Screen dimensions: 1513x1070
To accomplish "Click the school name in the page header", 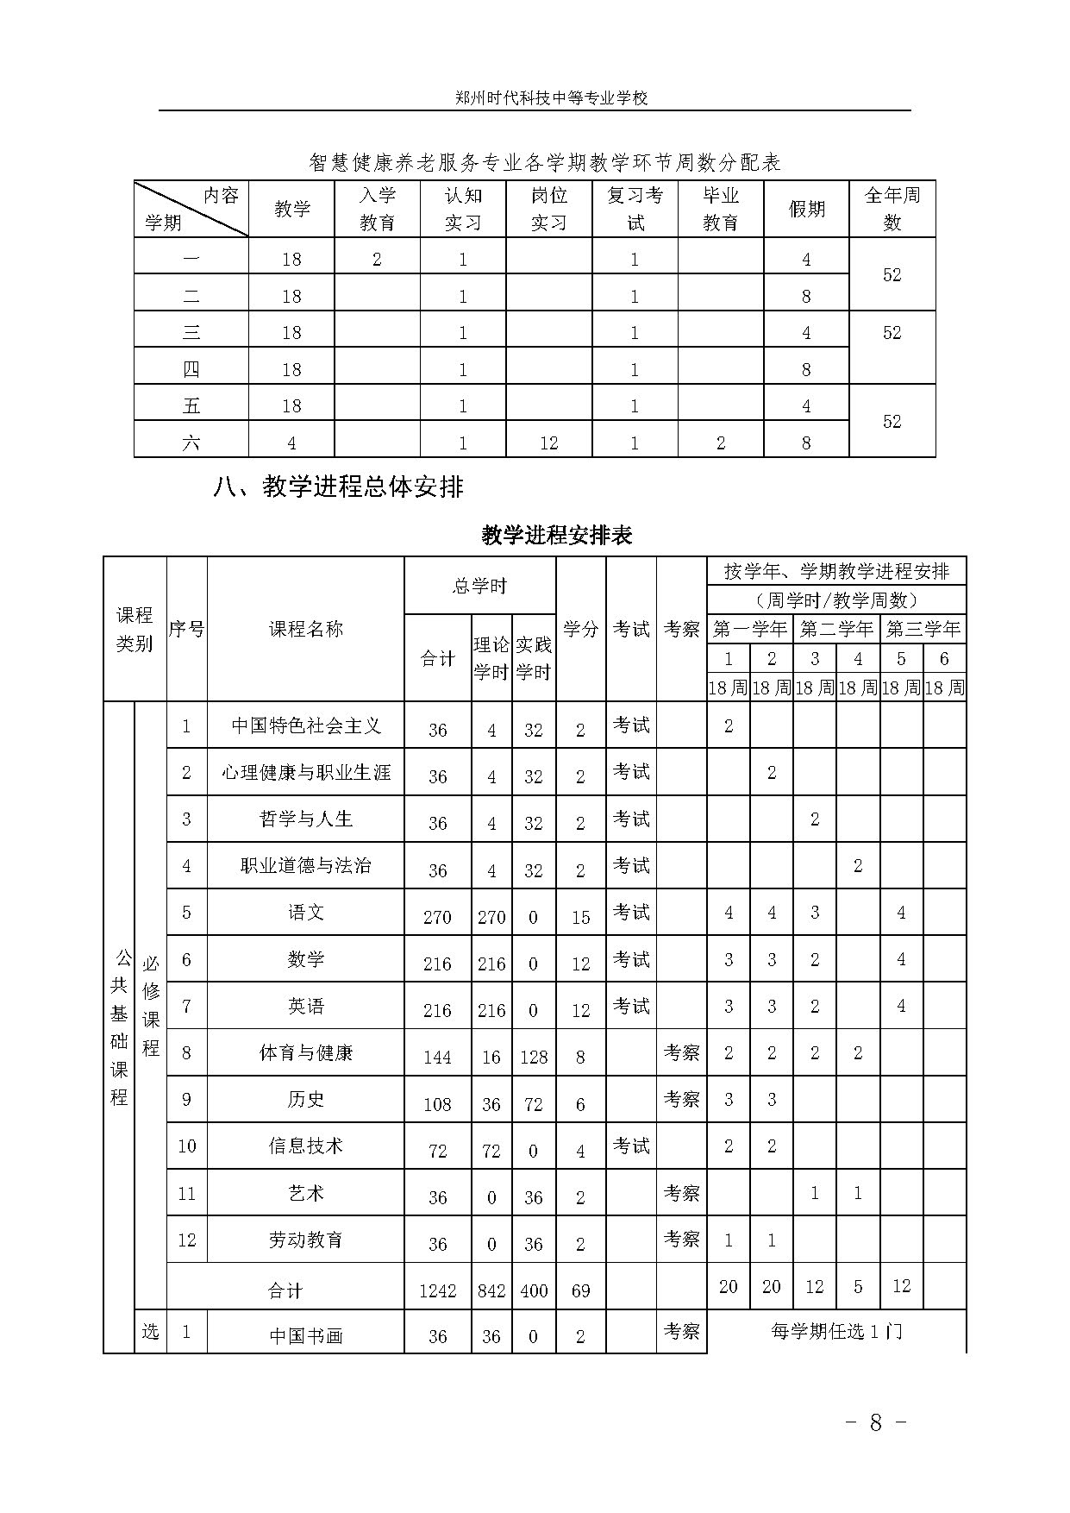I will coord(551,97).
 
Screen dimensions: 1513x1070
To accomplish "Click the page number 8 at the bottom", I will coord(875,1422).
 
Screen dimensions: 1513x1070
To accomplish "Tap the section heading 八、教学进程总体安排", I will coord(338,487).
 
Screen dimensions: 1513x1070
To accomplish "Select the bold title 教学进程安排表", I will coord(557,536).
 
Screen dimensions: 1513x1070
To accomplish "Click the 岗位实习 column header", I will coord(548,209).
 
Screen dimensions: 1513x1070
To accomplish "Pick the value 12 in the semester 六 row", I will coord(548,443).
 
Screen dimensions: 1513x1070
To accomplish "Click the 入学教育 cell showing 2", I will coord(377,260).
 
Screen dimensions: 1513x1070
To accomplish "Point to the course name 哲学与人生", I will coord(306,819).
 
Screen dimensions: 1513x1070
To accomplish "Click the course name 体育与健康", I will coord(306,1052).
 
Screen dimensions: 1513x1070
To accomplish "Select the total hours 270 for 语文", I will coord(437,917).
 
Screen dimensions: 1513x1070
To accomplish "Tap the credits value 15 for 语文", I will coord(580,917).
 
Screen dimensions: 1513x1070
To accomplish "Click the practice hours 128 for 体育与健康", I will coord(534,1057).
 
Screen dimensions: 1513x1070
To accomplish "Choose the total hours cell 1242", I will coord(437,1290).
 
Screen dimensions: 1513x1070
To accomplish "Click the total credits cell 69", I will coord(580,1290).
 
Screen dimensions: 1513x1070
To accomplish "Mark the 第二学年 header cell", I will coord(836,629).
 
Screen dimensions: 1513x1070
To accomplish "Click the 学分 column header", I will coord(580,629).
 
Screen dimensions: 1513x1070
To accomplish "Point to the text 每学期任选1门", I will coord(836,1331).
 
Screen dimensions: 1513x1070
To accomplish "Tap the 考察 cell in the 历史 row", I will coord(681,1099).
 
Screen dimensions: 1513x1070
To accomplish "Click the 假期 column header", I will coord(806,209).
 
